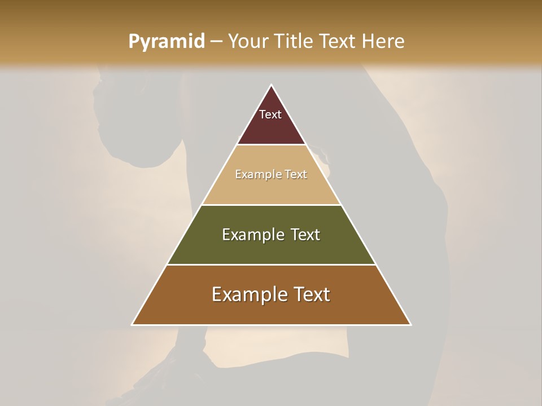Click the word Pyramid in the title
point(166,42)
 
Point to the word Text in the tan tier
point(296,175)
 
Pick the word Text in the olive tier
point(305,235)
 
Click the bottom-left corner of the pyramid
point(132,324)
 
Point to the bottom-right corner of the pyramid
point(410,324)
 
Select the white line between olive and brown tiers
point(271,264)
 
